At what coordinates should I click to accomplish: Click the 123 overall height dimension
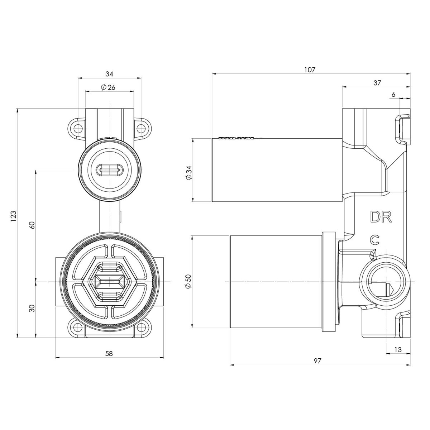14,218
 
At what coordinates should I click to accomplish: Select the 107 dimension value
310,70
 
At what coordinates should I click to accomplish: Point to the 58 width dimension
109,353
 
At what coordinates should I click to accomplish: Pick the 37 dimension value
377,83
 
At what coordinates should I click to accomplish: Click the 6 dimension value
393,94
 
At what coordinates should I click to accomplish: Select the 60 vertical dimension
32,225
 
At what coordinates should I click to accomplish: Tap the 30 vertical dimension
32,309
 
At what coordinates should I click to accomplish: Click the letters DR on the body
381,217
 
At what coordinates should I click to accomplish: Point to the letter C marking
375,240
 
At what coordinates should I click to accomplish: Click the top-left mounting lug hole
76,127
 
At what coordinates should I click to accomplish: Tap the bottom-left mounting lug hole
76,327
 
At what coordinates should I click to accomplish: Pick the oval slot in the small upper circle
109,169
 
